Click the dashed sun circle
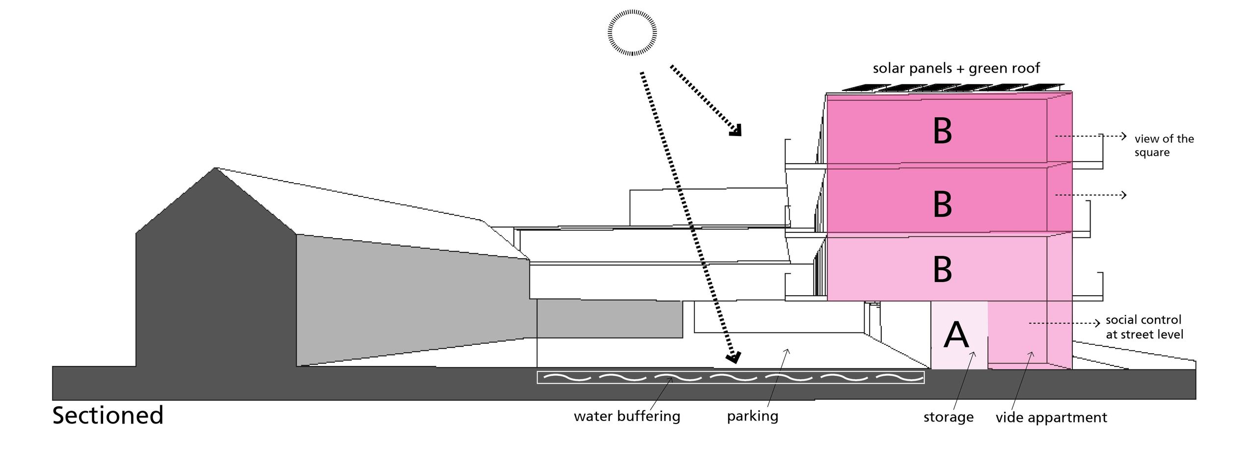click(x=632, y=32)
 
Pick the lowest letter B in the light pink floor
click(x=942, y=269)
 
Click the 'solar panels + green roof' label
click(x=956, y=68)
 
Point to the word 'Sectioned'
click(x=108, y=416)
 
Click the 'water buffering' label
click(x=627, y=417)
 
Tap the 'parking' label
click(x=753, y=417)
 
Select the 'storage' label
click(x=948, y=417)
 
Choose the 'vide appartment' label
click(x=1051, y=418)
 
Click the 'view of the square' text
click(x=1164, y=145)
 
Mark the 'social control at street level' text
click(x=1144, y=327)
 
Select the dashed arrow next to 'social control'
click(x=1065, y=323)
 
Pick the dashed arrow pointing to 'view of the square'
click(x=1090, y=136)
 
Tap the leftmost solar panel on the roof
click(x=858, y=88)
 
